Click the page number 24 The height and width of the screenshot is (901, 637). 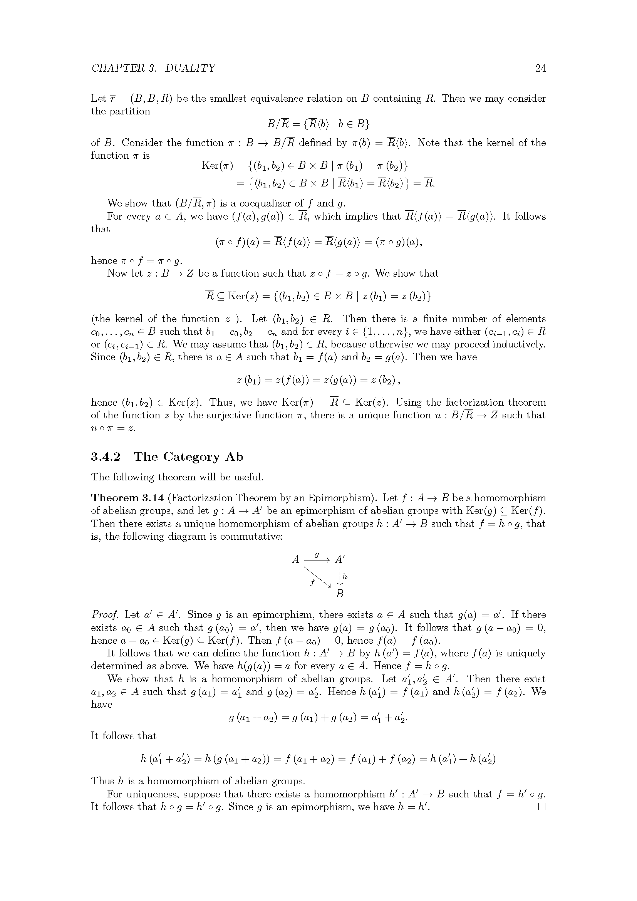540,68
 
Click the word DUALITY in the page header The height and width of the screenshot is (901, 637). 190,68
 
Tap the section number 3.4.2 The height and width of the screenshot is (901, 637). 106,457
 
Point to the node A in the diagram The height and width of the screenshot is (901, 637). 296,559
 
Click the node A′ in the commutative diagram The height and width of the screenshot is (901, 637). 340,559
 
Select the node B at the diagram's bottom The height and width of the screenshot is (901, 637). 340,594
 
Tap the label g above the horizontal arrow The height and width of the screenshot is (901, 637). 317,554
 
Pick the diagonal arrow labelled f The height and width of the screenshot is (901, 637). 317,577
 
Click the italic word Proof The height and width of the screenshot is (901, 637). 105,614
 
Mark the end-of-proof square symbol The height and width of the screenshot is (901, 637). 542,807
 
